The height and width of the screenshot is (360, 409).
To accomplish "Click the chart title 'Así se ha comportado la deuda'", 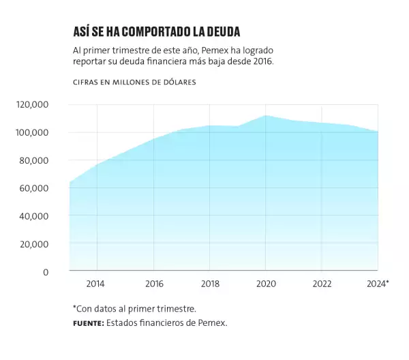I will [156, 32].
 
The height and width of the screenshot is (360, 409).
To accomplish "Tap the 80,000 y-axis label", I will [33, 160].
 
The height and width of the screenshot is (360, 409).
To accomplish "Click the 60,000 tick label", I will [33, 188].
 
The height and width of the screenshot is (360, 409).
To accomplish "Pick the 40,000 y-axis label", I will [33, 216].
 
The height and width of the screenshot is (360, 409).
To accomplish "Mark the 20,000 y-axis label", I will [33, 244].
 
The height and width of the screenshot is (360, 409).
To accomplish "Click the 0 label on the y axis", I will [46, 272].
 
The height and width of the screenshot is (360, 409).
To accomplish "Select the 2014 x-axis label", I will [96, 284].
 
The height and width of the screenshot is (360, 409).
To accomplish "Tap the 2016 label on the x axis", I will [154, 284].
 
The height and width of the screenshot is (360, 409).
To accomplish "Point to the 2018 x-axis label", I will [210, 284].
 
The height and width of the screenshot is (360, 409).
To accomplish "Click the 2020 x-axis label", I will [266, 284].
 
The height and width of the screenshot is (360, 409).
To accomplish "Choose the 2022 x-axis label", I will [322, 284].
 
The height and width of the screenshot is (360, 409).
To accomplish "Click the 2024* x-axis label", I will [377, 284].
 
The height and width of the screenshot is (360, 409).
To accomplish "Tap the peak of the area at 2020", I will [267, 116].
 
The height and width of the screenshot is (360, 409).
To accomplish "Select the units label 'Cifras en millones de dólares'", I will [134, 82].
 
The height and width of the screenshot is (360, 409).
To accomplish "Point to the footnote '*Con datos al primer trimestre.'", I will [134, 308].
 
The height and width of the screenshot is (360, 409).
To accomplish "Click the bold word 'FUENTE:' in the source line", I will [88, 322].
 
